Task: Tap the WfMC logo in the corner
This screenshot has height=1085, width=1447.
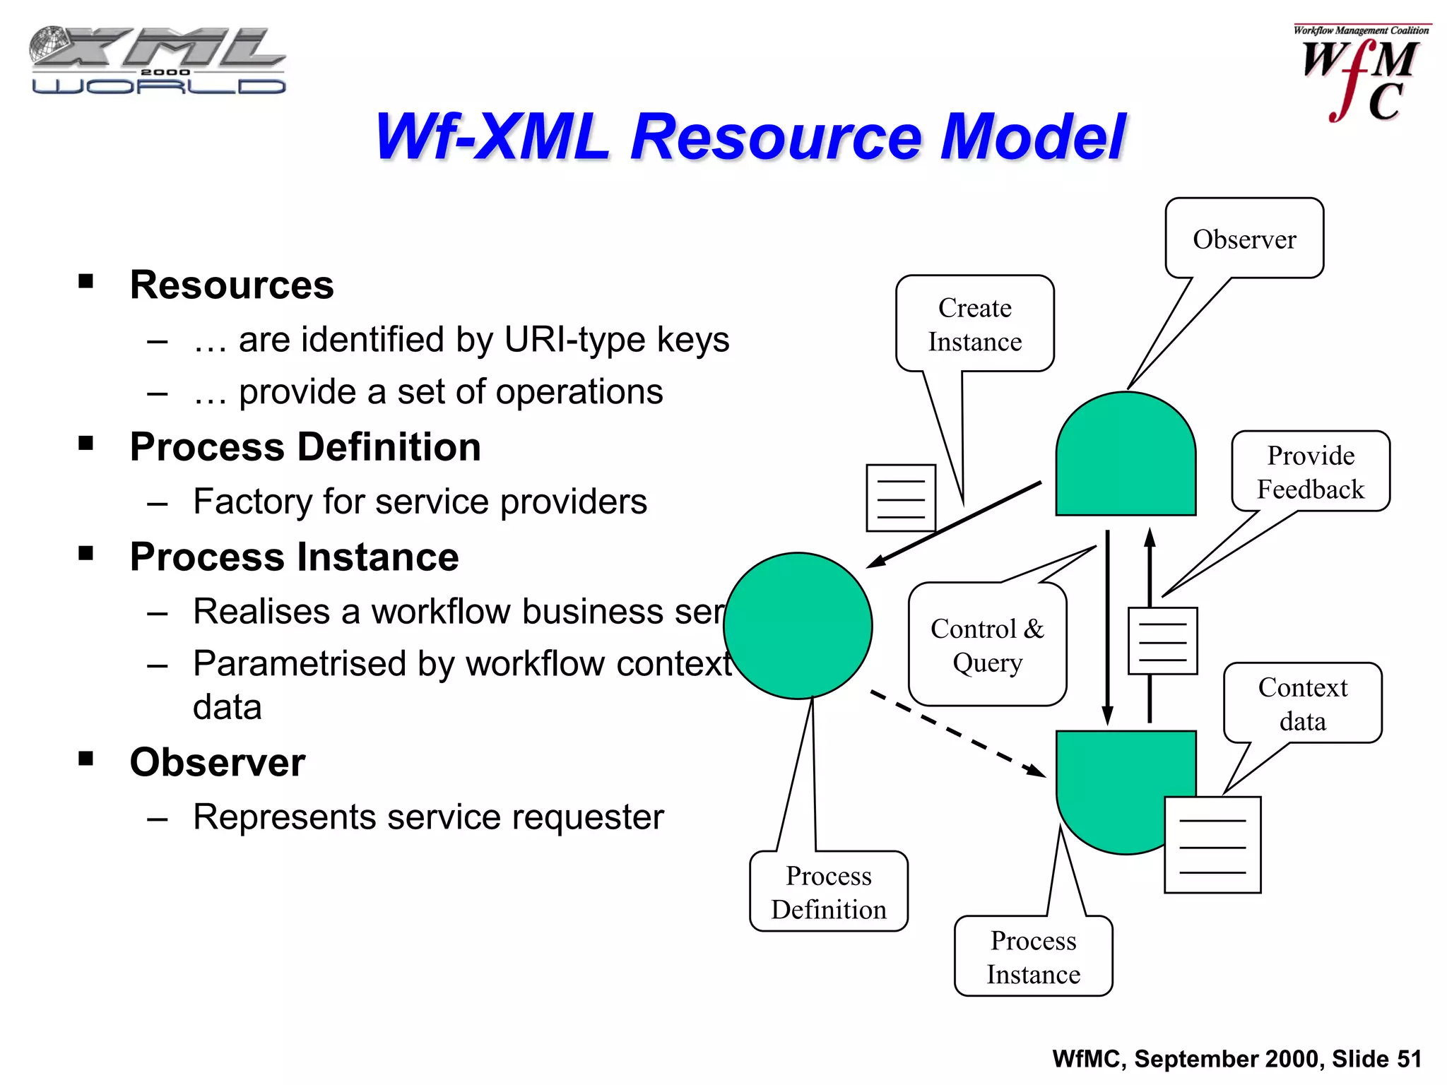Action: pos(1360,74)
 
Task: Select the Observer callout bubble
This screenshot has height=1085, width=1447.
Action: pos(1244,239)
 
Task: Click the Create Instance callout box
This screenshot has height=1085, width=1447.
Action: pos(974,324)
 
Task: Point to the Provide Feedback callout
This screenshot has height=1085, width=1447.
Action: pos(1310,472)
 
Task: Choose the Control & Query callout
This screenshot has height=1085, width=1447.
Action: pos(987,644)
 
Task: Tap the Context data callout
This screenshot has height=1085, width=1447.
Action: pos(1302,704)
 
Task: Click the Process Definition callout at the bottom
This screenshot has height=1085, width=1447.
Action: pos(828,891)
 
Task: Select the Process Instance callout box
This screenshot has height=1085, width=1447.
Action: pos(1033,956)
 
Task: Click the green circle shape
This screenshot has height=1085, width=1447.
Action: pos(798,626)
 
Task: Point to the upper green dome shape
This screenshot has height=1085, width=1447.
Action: pos(1125,456)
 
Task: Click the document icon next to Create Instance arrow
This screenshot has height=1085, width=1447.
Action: pos(900,497)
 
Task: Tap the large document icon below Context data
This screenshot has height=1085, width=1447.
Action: pos(1212,845)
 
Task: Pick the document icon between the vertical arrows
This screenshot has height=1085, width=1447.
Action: pos(1162,641)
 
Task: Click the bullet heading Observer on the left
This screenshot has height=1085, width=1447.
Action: pos(218,762)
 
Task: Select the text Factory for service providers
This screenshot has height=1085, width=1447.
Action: pos(420,502)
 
